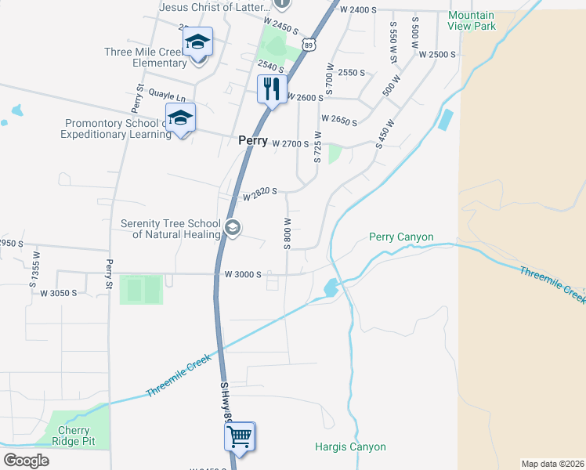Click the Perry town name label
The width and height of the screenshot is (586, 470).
point(253,142)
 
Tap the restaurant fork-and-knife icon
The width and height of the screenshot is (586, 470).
point(271,89)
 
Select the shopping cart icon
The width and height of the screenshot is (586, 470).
point(240,437)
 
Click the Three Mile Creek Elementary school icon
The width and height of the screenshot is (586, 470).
point(198,43)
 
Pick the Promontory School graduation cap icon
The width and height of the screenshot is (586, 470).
point(181,119)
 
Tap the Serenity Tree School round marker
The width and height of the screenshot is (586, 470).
point(232,228)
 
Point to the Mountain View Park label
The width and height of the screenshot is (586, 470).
point(472,20)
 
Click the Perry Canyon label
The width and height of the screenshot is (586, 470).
point(400,237)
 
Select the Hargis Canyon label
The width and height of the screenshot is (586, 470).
point(350,447)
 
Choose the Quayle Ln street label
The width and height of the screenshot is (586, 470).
point(166,97)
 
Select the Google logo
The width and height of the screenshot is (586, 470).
point(26,461)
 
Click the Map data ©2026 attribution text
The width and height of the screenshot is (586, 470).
point(552,464)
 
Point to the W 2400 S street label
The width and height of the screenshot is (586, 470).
point(359,9)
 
